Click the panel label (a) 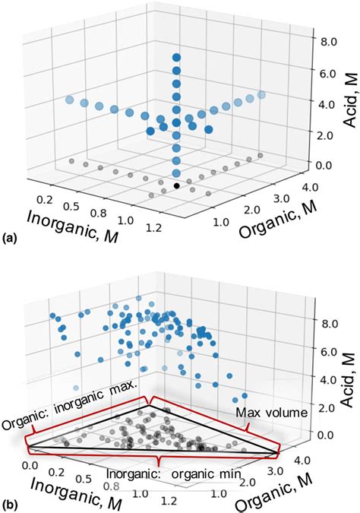[11, 238]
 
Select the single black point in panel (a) [177, 185]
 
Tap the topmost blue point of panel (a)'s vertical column [176, 58]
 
